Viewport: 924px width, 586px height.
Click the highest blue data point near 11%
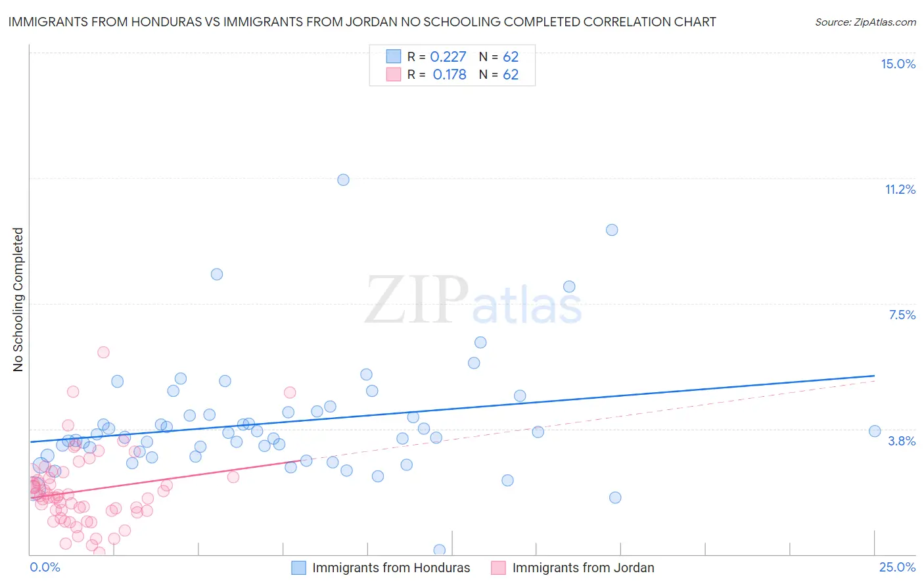pyautogui.click(x=343, y=180)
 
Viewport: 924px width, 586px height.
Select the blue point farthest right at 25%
pyautogui.click(x=875, y=431)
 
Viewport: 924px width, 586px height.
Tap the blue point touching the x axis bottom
pyautogui.click(x=440, y=550)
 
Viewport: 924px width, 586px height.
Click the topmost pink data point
pyautogui.click(x=103, y=352)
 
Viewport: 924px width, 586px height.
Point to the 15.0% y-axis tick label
pyautogui.click(x=898, y=64)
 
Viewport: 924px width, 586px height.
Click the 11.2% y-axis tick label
pyautogui.click(x=900, y=190)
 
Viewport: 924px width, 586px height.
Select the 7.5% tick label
pyautogui.click(x=902, y=315)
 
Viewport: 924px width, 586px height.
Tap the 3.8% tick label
pyautogui.click(x=902, y=441)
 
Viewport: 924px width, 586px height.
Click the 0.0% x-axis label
pyautogui.click(x=45, y=567)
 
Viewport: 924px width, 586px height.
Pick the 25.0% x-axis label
pyautogui.click(x=897, y=567)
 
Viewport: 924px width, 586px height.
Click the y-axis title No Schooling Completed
pyautogui.click(x=18, y=300)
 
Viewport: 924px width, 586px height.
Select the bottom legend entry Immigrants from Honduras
pyautogui.click(x=390, y=568)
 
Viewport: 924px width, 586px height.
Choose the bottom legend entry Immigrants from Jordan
pyautogui.click(x=583, y=568)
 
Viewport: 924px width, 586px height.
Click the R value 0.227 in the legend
pyautogui.click(x=448, y=57)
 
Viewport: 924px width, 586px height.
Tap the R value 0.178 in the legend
pyautogui.click(x=450, y=75)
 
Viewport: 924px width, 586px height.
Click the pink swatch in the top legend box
pyautogui.click(x=393, y=74)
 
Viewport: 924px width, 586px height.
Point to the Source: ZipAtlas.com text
pyautogui.click(x=865, y=22)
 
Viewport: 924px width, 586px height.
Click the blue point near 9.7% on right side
pyautogui.click(x=612, y=230)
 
